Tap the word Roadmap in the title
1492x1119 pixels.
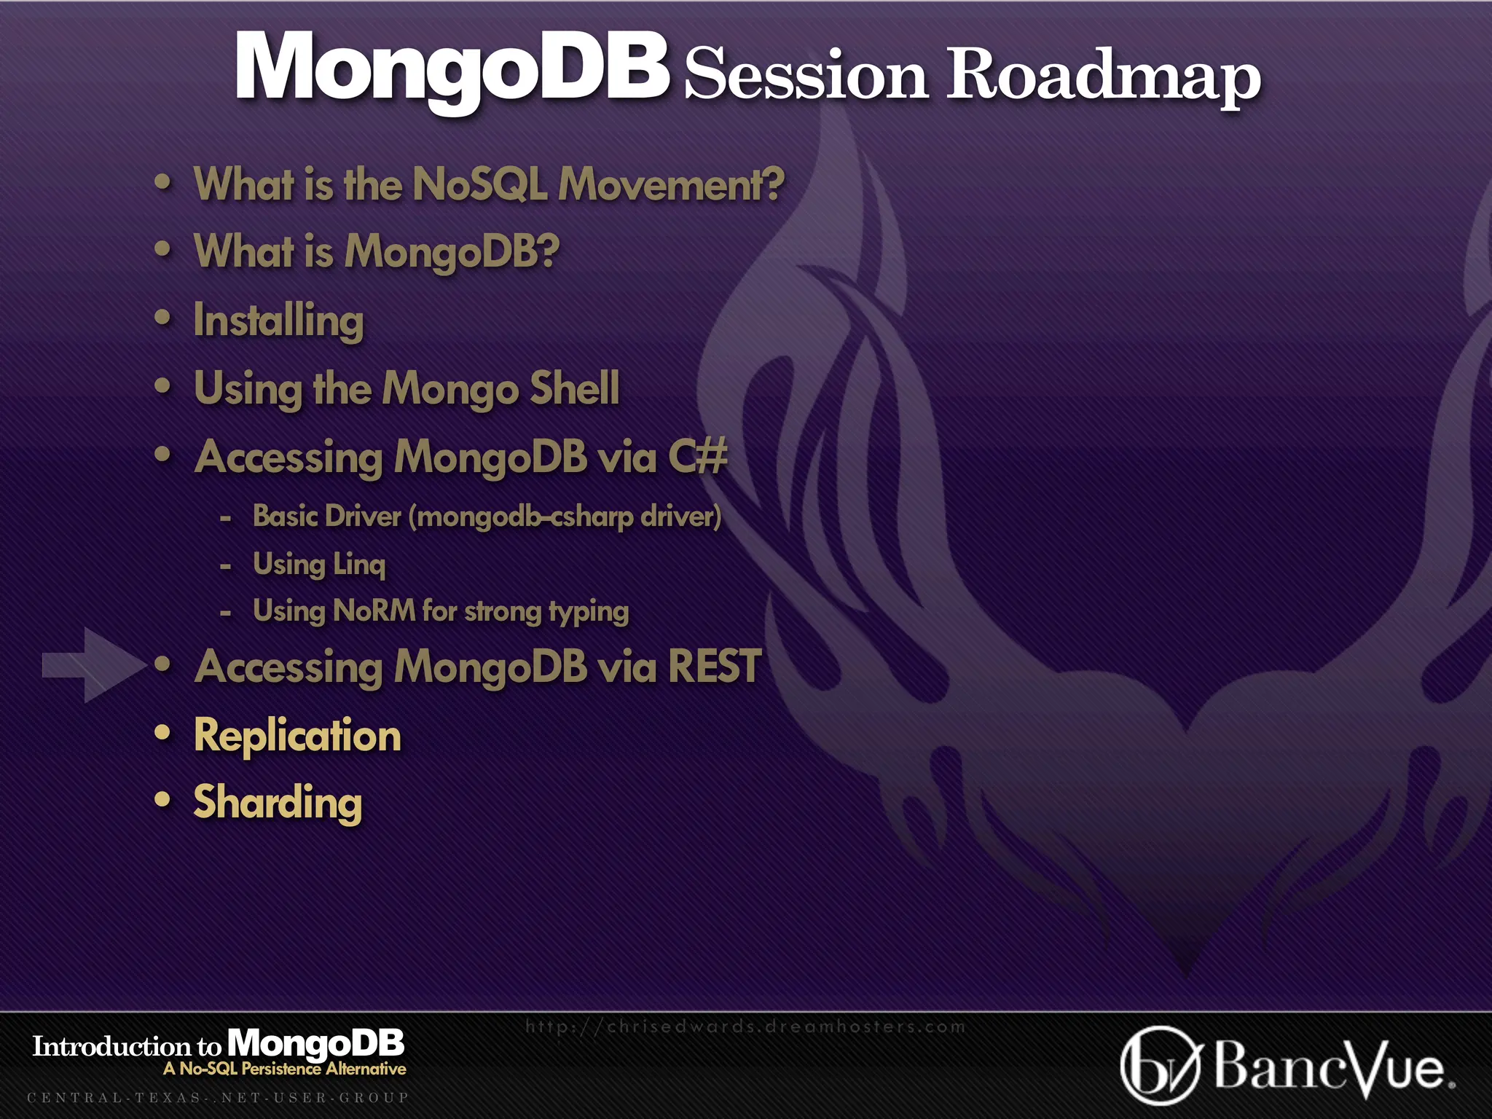tap(1103, 74)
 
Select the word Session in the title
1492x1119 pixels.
tap(806, 74)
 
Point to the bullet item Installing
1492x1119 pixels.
tap(278, 321)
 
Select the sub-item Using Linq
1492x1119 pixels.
tap(318, 564)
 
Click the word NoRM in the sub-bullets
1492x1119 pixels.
tap(374, 610)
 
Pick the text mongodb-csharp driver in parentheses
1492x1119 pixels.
tap(565, 517)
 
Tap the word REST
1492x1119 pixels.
tap(714, 666)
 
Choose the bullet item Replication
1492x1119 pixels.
tap(297, 734)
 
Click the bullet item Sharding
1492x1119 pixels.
tap(278, 802)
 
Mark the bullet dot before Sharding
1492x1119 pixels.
tap(162, 800)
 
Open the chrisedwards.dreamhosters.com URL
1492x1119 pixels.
tap(745, 1026)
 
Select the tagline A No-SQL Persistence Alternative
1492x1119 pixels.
tap(284, 1069)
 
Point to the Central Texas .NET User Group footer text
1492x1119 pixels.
tap(218, 1097)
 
